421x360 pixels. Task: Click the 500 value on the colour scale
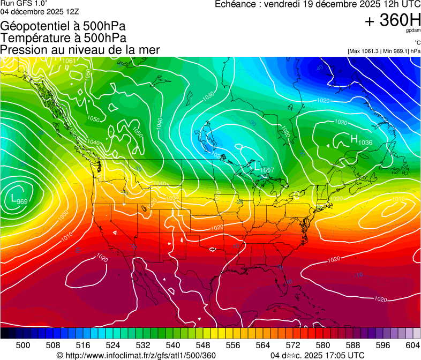(23, 346)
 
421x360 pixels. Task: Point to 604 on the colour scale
(412, 346)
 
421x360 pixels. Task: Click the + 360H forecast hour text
(392, 20)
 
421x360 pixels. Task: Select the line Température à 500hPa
(63, 38)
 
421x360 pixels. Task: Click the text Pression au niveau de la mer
(80, 50)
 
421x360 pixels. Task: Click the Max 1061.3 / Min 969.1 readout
(384, 51)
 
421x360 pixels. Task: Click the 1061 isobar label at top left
(68, 61)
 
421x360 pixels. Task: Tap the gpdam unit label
(414, 31)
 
